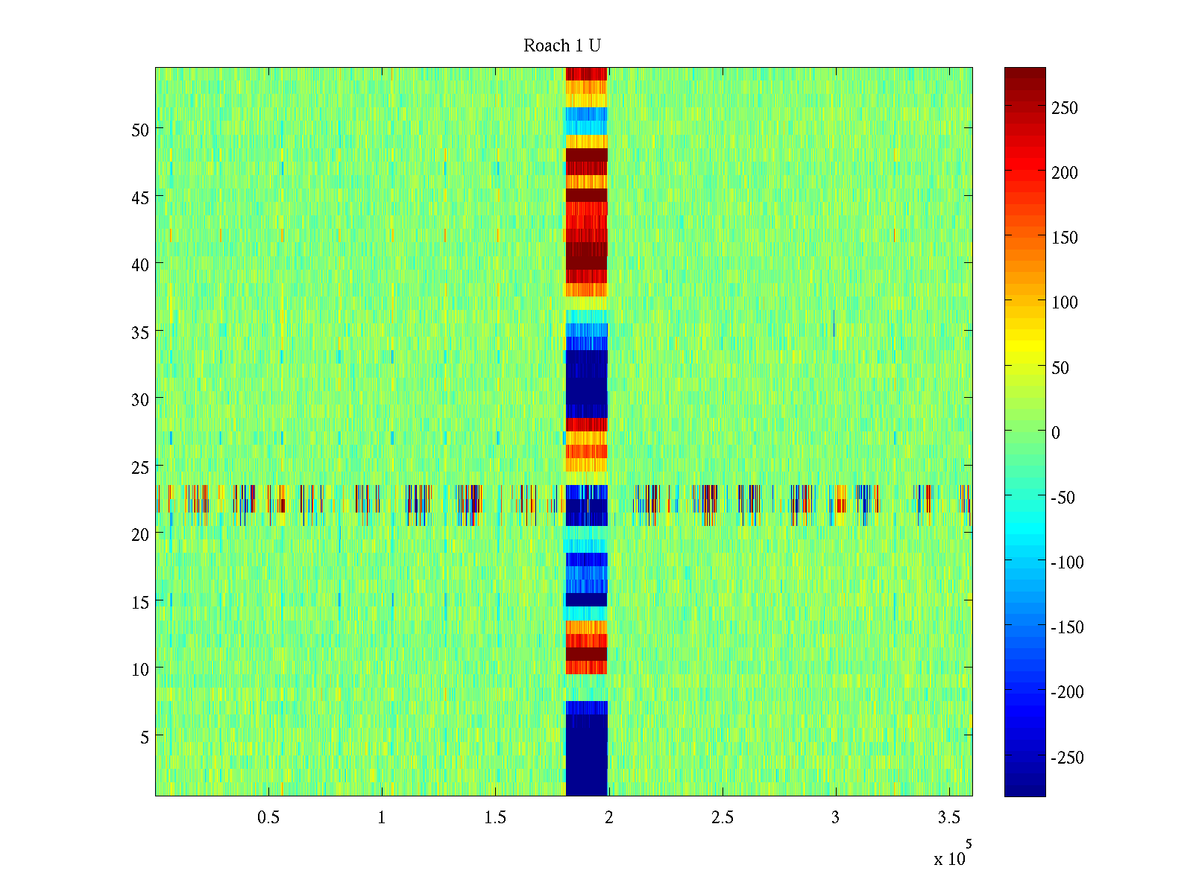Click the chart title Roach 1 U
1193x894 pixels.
point(562,46)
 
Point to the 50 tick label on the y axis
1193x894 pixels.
point(140,130)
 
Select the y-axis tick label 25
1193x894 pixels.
point(140,467)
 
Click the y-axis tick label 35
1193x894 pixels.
point(140,332)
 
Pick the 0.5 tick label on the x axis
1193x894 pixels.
point(268,818)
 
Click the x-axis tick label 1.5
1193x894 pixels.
point(495,818)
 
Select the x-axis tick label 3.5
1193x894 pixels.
point(948,818)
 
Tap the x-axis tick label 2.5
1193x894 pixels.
point(722,818)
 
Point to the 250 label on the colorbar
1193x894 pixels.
point(1064,108)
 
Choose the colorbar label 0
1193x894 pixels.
point(1055,433)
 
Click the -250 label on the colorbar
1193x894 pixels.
point(1067,758)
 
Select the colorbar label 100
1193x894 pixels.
point(1064,302)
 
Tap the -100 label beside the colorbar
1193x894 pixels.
point(1067,562)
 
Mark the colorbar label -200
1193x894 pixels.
point(1067,692)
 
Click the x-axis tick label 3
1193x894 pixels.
point(835,818)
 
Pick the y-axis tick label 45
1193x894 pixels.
point(140,197)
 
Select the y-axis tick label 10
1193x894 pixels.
point(140,670)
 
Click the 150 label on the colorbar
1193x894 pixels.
point(1064,238)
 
